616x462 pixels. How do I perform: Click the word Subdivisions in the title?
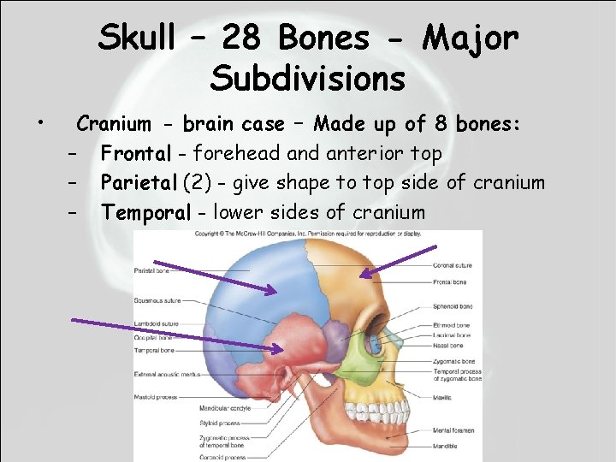[x=308, y=79]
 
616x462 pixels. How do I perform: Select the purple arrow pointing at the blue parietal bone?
[x=214, y=275]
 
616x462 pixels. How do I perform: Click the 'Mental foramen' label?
[x=453, y=430]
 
